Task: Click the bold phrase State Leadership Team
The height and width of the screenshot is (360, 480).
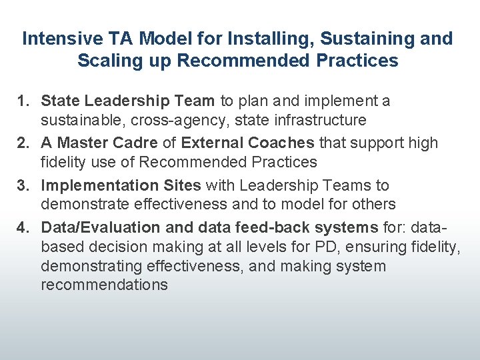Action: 127,101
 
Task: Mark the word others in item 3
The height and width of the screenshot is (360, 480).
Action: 373,204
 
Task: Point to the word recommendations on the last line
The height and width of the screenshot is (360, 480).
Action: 104,285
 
